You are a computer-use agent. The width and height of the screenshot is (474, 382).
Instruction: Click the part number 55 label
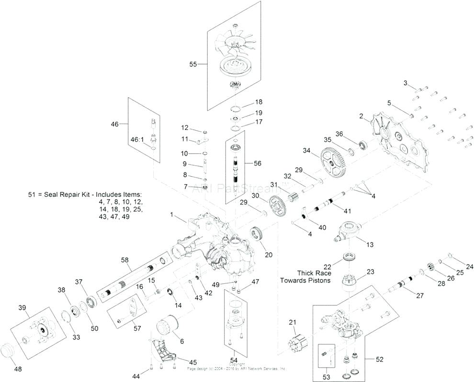193,64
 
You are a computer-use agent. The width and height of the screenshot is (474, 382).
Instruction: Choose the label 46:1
137,139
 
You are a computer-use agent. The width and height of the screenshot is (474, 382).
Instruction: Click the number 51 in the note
32,195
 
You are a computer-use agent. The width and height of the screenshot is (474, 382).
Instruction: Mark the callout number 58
125,259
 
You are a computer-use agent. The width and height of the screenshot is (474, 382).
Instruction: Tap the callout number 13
370,245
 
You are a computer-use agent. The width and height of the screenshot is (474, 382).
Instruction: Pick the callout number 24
469,266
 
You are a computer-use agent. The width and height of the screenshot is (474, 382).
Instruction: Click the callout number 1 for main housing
171,215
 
